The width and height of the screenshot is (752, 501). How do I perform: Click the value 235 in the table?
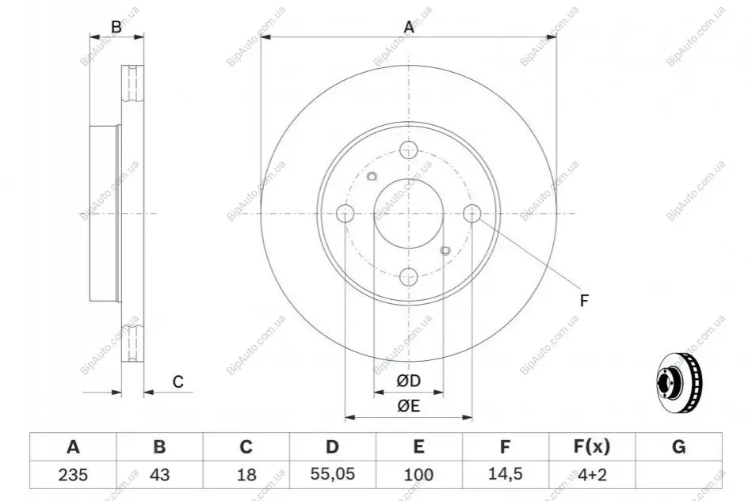[73, 475]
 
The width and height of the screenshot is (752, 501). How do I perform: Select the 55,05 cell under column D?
[332, 474]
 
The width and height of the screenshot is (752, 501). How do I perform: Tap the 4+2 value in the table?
[592, 475]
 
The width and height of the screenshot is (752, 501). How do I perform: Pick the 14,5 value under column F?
[505, 474]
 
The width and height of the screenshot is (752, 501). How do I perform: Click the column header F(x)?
[592, 446]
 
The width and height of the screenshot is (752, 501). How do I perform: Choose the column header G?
[678, 446]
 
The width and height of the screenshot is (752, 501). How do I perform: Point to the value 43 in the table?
[160, 475]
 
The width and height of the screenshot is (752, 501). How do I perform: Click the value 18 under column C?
[246, 475]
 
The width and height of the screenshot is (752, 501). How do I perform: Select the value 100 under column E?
[418, 475]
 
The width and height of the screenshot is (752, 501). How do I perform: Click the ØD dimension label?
[409, 381]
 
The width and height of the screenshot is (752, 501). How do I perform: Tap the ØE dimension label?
[409, 406]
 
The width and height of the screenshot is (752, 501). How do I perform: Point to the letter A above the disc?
[409, 27]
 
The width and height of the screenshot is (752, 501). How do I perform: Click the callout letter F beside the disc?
[584, 301]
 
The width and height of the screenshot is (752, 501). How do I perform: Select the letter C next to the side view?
[178, 381]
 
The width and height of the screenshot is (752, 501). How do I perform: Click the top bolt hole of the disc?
[409, 150]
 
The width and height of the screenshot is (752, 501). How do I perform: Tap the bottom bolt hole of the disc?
[409, 276]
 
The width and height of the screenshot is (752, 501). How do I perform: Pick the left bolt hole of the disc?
[345, 213]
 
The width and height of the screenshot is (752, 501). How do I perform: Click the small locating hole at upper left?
[372, 176]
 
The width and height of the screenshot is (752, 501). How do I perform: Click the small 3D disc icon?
[680, 383]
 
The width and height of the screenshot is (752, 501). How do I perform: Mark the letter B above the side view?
[116, 27]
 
